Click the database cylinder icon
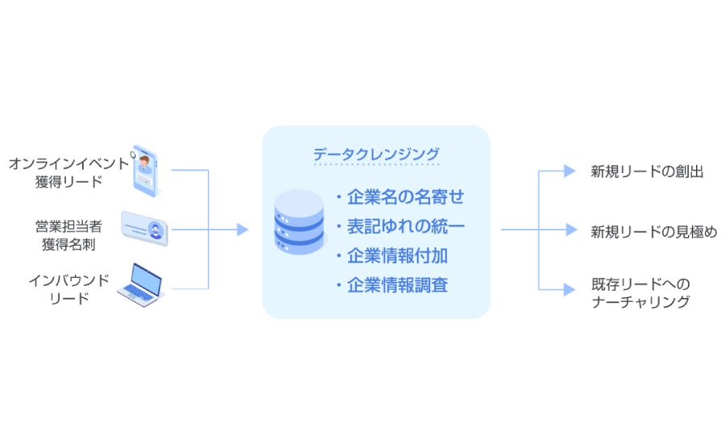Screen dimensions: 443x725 (x=299, y=223)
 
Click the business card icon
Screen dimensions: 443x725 (x=145, y=227)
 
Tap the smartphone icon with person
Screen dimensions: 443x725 (x=145, y=171)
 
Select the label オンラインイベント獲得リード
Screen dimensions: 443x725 (x=68, y=172)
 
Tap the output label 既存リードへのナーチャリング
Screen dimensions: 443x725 (x=640, y=293)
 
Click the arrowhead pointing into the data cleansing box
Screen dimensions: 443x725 (x=242, y=230)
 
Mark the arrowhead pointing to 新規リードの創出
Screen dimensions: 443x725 (x=570, y=171)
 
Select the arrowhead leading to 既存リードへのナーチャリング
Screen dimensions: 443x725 (x=570, y=288)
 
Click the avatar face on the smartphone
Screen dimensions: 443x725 (x=145, y=164)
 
